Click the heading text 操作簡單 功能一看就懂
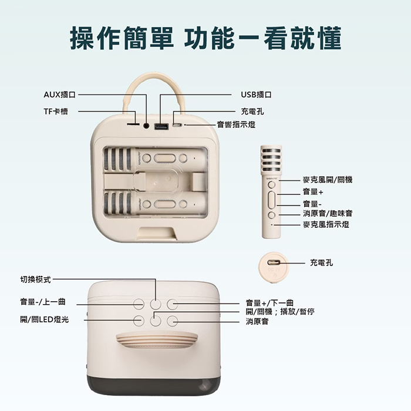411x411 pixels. pos(206,38)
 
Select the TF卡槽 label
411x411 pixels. pos(56,111)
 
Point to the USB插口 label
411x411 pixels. pos(256,95)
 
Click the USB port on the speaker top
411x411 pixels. pos(160,126)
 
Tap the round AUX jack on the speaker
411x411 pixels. pos(146,126)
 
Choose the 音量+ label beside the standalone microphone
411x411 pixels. pos(313,192)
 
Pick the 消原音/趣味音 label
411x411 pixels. pos(328,214)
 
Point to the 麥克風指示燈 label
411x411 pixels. pos(326,224)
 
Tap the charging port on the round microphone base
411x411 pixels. pos(274,263)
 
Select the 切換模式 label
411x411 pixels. pos(36,279)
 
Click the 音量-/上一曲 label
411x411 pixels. pos(43,302)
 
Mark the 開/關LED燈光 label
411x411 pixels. pos(45,320)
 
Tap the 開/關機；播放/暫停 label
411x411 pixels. pos(279,311)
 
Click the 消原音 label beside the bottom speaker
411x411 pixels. pos(257,321)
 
